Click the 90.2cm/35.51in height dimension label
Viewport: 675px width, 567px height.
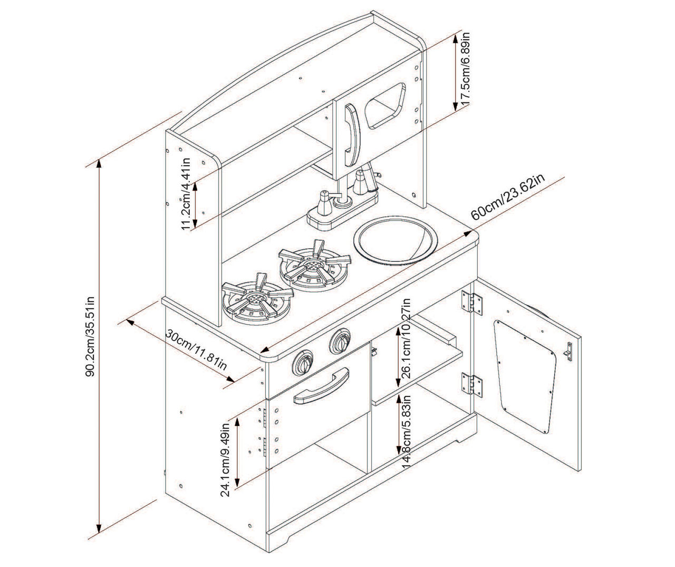pyautogui.click(x=90, y=336)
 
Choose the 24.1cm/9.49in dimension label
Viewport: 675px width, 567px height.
pyautogui.click(x=226, y=457)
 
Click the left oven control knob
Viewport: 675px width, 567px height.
pyautogui.click(x=304, y=363)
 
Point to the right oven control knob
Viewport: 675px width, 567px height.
pyautogui.click(x=340, y=342)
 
